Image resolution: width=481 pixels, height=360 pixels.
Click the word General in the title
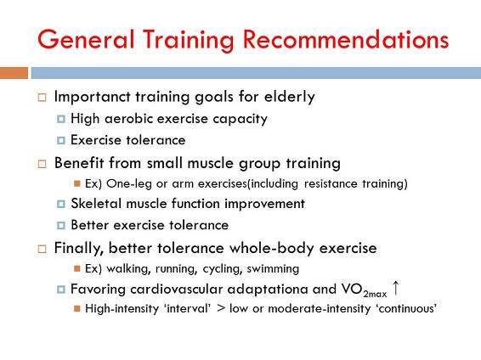(86, 39)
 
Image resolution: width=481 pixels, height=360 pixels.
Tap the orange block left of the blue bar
(14, 73)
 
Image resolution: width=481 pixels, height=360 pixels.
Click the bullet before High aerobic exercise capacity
(61, 119)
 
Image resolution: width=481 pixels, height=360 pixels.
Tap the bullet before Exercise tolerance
(61, 140)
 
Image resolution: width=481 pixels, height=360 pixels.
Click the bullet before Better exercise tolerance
(61, 225)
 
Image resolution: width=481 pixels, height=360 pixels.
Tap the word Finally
(78, 248)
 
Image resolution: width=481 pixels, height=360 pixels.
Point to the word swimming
(273, 268)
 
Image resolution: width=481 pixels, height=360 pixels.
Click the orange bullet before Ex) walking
(77, 268)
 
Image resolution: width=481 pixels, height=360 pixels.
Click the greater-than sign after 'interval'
(221, 308)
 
